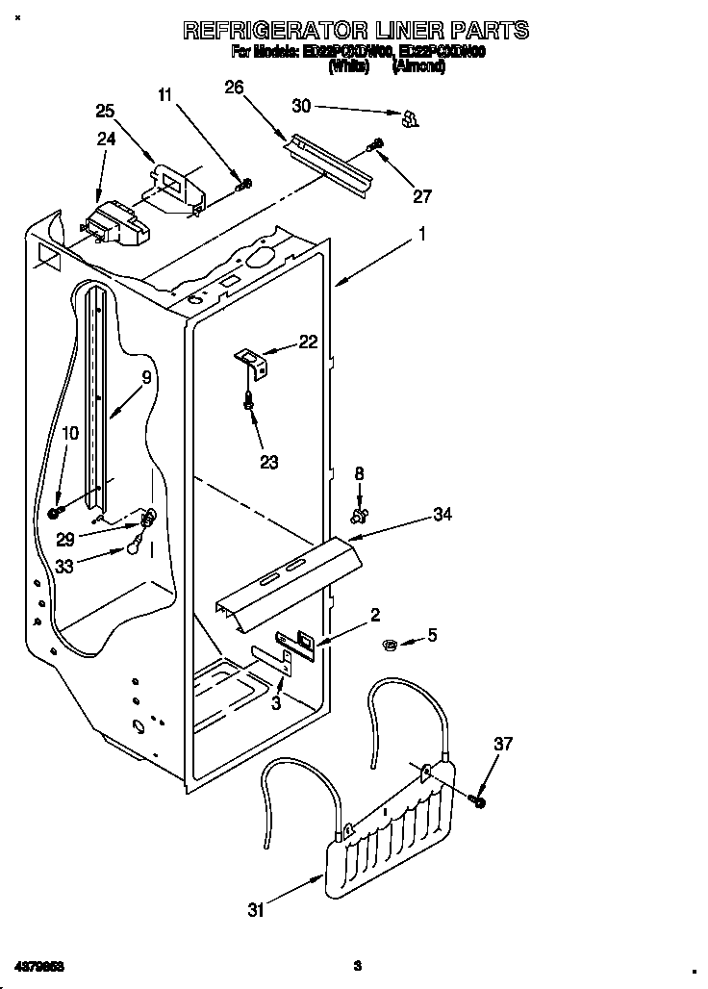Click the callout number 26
tap(234, 88)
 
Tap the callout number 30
tap(302, 105)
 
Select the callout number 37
tap(503, 744)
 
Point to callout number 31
tap(255, 910)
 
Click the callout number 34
tap(442, 515)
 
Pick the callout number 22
tap(308, 341)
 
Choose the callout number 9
tap(146, 378)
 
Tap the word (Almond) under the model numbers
tap(417, 67)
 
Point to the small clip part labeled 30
tap(409, 117)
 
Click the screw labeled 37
tap(479, 800)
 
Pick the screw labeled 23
tap(249, 406)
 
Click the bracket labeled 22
tap(254, 363)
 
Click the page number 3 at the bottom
tap(356, 965)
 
